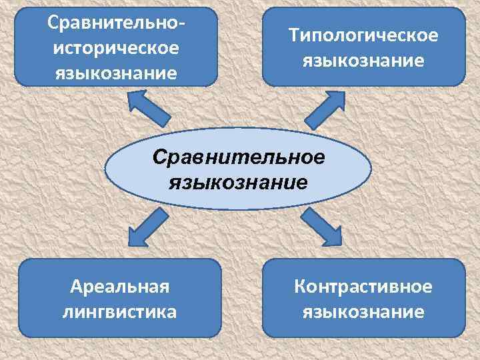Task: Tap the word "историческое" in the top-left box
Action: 117,47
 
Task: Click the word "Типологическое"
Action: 363,35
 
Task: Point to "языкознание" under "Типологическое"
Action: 363,61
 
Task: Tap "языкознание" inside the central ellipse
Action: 238,181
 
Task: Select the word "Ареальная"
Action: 119,287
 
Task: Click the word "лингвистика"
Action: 119,311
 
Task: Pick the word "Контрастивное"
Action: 363,287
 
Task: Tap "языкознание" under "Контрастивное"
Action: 363,311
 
